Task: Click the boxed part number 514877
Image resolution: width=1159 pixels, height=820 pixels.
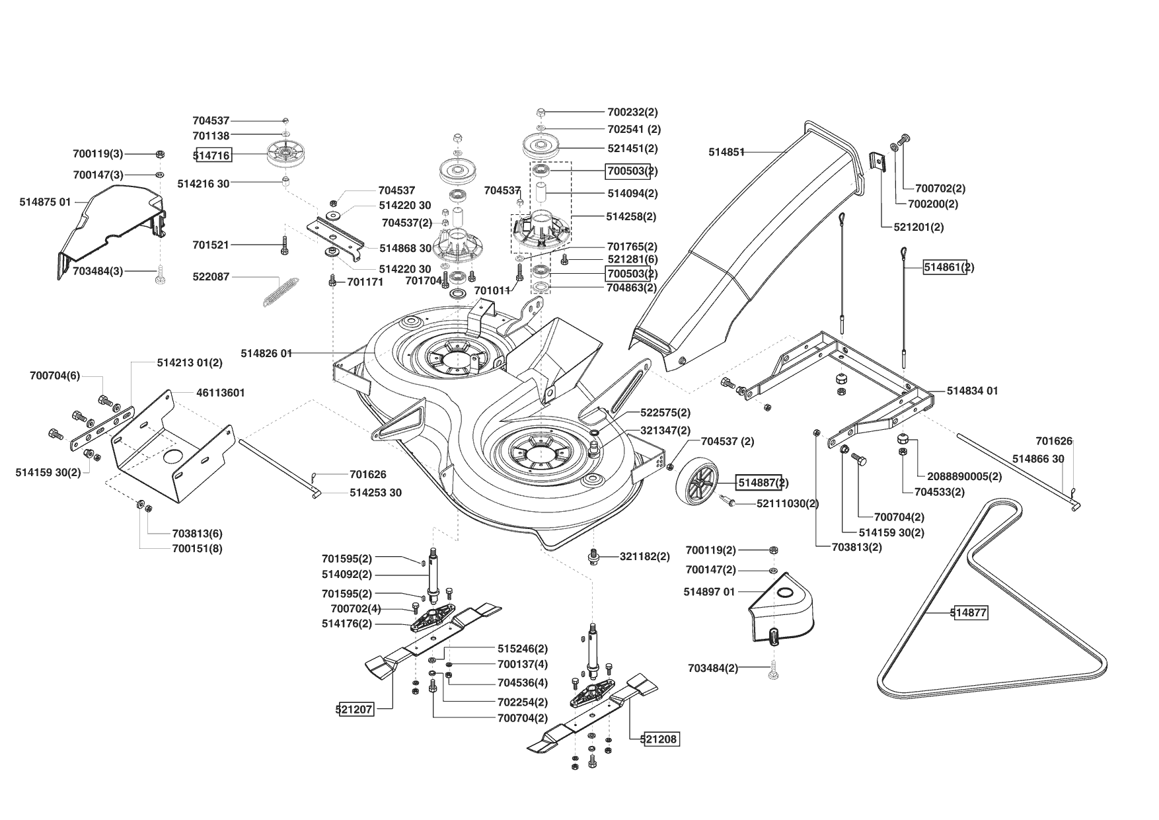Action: (969, 613)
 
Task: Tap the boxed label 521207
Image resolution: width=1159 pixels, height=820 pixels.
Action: (355, 710)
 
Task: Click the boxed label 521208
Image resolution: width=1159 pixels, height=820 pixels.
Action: (659, 739)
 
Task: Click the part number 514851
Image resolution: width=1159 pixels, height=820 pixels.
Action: (726, 152)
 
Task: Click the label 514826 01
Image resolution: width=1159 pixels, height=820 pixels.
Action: (266, 353)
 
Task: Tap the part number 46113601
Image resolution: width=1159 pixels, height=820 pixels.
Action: (221, 393)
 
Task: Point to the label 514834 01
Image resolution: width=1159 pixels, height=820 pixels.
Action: (972, 391)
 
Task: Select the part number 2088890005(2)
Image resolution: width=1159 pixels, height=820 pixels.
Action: (965, 476)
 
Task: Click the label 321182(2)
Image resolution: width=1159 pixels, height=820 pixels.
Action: (644, 557)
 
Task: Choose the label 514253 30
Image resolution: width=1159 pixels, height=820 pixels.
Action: (375, 493)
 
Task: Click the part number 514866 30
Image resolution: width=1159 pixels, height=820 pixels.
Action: (1038, 458)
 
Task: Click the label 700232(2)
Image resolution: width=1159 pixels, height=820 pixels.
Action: (632, 112)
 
